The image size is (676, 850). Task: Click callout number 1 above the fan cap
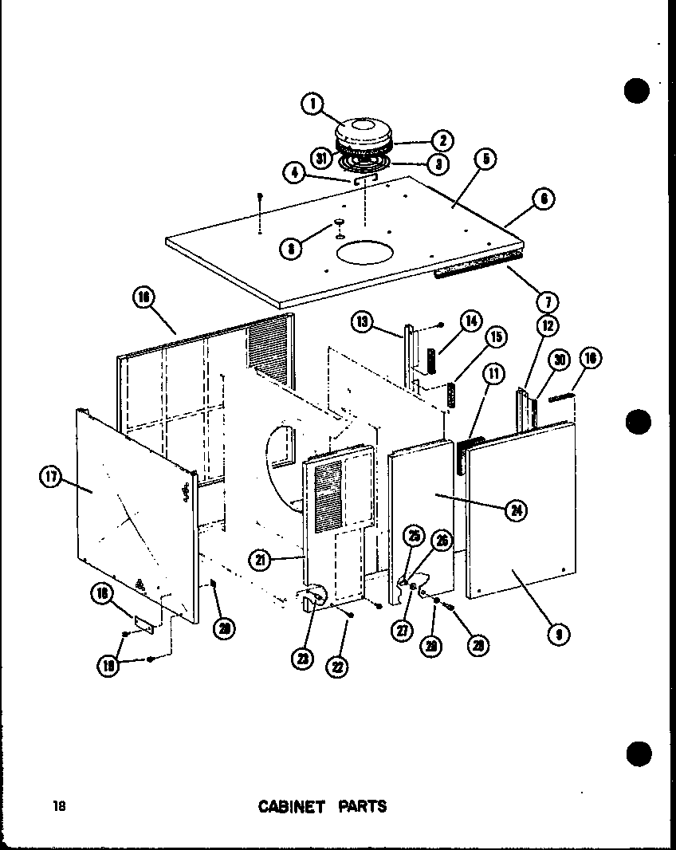pyautogui.click(x=313, y=103)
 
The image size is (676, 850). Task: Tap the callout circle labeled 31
pyautogui.click(x=323, y=158)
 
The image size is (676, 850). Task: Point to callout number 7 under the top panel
pyautogui.click(x=548, y=301)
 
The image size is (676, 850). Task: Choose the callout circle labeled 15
pyautogui.click(x=495, y=337)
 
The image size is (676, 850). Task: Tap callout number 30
pyautogui.click(x=560, y=360)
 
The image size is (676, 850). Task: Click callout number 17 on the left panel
pyautogui.click(x=50, y=477)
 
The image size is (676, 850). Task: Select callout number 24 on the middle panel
pyautogui.click(x=516, y=510)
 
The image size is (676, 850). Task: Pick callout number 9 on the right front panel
pyautogui.click(x=559, y=634)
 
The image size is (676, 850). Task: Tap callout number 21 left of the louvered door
pyautogui.click(x=260, y=560)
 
